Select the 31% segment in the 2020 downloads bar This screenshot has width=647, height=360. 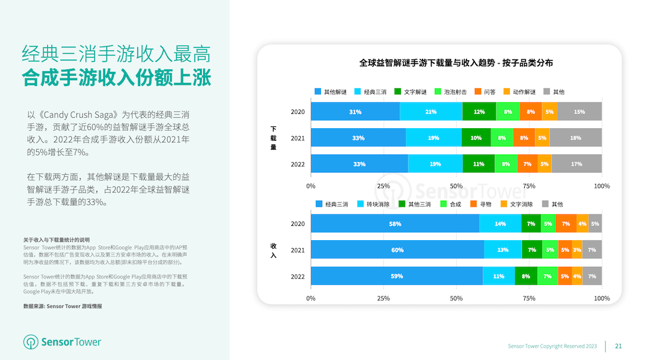(x=355, y=111)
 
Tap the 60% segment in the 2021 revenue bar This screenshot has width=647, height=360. (x=397, y=250)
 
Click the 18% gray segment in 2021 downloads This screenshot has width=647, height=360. (x=575, y=137)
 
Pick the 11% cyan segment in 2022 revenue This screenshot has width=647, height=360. (x=499, y=276)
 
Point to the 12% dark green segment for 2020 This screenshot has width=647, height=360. (x=479, y=111)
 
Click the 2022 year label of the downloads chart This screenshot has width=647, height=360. (x=298, y=163)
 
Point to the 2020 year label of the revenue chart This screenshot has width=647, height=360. (x=298, y=224)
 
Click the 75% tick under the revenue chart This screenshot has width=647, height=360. (x=529, y=298)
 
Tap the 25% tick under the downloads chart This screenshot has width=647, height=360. (x=384, y=186)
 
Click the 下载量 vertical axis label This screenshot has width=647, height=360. (x=273, y=138)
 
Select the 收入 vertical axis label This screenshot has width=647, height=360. (x=273, y=251)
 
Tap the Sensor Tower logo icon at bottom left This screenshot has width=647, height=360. (x=30, y=342)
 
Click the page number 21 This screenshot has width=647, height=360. (x=618, y=346)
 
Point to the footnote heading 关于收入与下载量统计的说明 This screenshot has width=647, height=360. (x=56, y=239)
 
